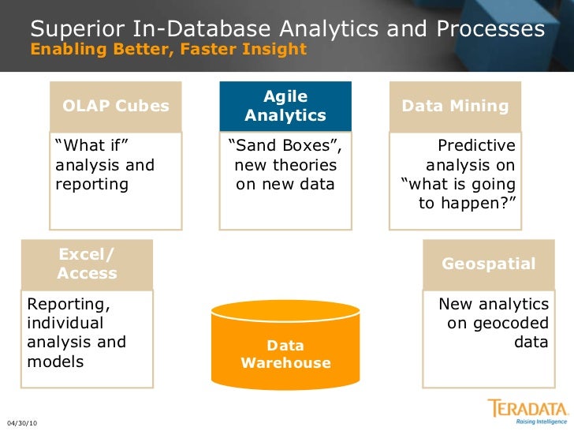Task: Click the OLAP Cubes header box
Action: pyautogui.click(x=116, y=106)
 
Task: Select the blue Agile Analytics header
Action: pyautogui.click(x=285, y=106)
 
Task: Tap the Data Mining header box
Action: pyautogui.click(x=456, y=106)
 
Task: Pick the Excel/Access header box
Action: pyautogui.click(x=87, y=264)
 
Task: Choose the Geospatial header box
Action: pyautogui.click(x=489, y=264)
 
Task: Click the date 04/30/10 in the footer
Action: pyautogui.click(x=21, y=424)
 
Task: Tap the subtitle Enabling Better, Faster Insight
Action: pyautogui.click(x=168, y=49)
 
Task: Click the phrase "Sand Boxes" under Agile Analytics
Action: pyautogui.click(x=284, y=146)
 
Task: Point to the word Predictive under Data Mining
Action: pyautogui.click(x=476, y=146)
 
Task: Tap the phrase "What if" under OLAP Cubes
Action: pyautogui.click(x=92, y=146)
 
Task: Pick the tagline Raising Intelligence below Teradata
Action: pyautogui.click(x=540, y=422)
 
